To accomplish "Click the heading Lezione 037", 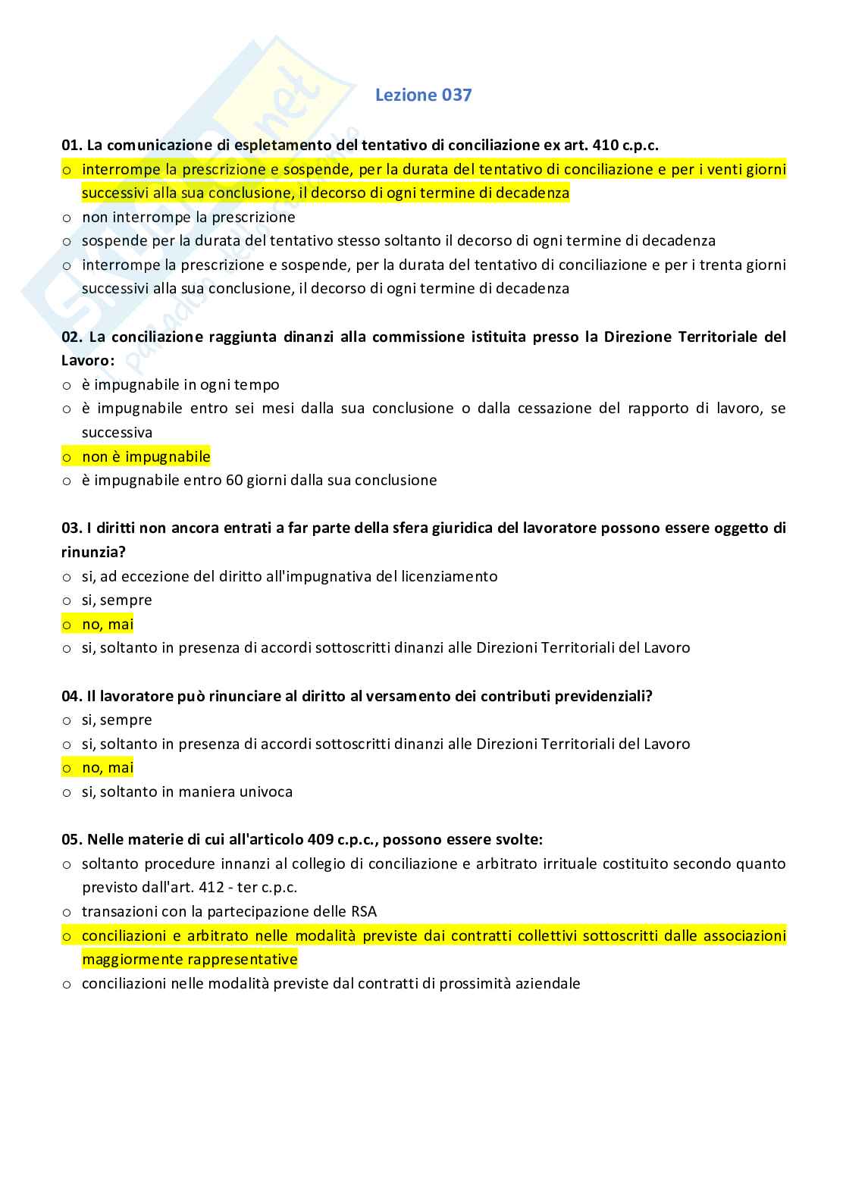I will click(423, 95).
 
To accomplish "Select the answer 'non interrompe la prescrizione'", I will click(188, 217).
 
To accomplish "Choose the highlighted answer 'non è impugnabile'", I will click(146, 456).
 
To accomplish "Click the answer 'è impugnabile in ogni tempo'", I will click(180, 384).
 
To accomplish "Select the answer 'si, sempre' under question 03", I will click(117, 600).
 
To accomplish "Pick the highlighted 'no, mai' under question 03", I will click(108, 624).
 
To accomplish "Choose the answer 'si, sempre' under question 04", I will click(117, 719).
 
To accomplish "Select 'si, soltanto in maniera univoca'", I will click(187, 791).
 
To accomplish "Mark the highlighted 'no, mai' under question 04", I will click(108, 767).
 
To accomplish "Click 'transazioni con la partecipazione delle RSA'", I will click(229, 911).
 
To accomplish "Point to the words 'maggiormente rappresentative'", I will click(190, 959).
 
